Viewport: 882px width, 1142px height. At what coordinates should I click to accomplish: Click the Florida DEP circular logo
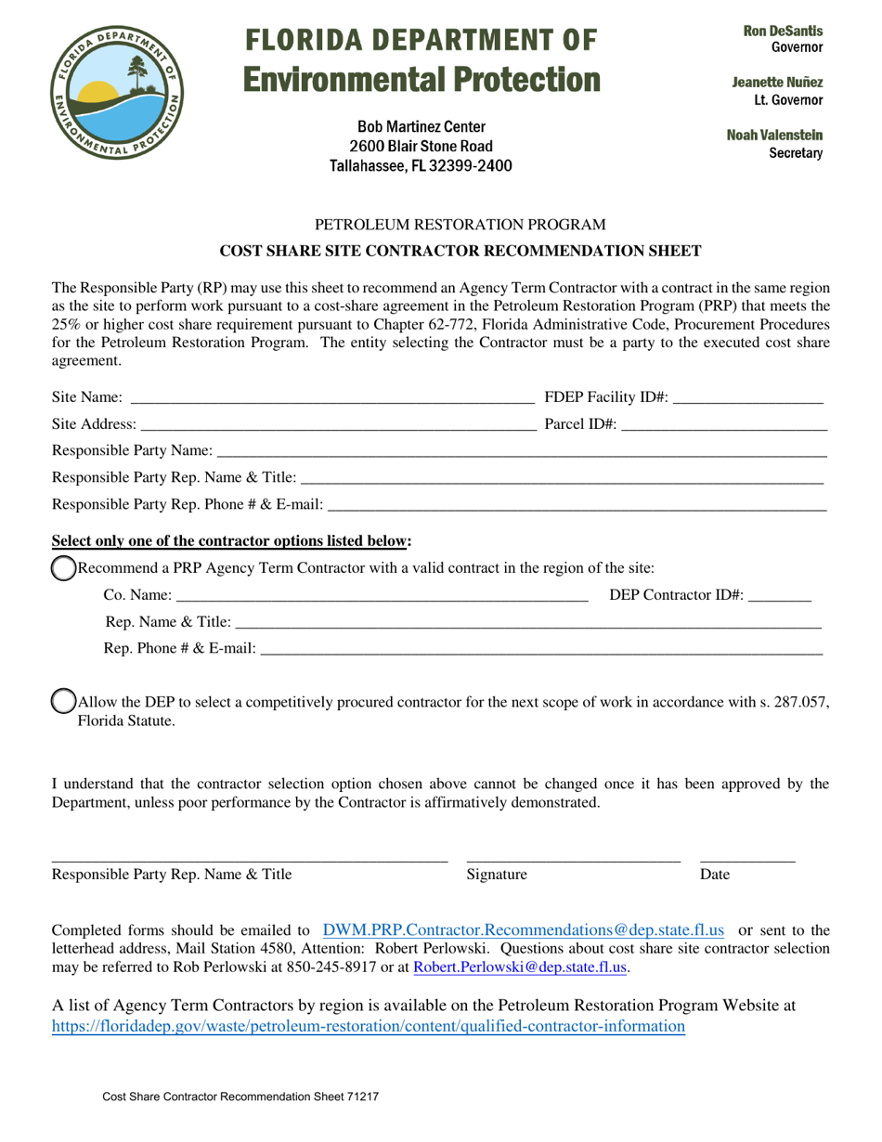tap(116, 92)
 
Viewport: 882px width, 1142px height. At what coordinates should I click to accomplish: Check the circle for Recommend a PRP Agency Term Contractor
tap(62, 568)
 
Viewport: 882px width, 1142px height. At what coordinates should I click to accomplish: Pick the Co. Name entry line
tap(382, 595)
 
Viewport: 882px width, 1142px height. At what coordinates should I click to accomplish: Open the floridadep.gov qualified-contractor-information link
tap(369, 1026)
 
